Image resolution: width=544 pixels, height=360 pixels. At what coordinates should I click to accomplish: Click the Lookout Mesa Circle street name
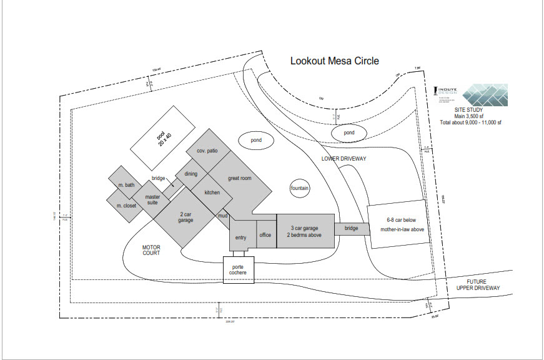[334, 61]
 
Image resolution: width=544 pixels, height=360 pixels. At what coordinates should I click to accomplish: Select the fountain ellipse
[300, 188]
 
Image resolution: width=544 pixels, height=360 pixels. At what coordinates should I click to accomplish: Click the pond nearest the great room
[256, 141]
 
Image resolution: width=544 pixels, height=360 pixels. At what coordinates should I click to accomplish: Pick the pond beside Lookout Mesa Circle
[349, 133]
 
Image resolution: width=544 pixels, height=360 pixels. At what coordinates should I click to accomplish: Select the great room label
[239, 178]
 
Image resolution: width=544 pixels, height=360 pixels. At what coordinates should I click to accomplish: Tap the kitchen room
[212, 192]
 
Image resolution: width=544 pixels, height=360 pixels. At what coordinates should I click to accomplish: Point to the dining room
[190, 174]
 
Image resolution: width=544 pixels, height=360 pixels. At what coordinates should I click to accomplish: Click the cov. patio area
[207, 151]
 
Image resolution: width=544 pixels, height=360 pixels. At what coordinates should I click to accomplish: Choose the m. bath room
[126, 185]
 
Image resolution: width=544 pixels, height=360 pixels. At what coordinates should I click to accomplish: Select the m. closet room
[126, 205]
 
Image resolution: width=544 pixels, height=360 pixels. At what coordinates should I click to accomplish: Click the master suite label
[152, 200]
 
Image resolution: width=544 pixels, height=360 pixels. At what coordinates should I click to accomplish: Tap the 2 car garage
[185, 217]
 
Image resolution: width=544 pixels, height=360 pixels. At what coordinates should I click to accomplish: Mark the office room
[265, 235]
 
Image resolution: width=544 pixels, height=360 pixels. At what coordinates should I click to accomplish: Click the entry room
[241, 237]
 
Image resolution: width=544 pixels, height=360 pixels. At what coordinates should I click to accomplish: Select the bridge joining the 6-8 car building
[351, 229]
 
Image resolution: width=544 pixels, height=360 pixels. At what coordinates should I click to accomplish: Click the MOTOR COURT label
[151, 250]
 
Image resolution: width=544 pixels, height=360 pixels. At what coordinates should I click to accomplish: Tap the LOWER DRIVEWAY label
[343, 159]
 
